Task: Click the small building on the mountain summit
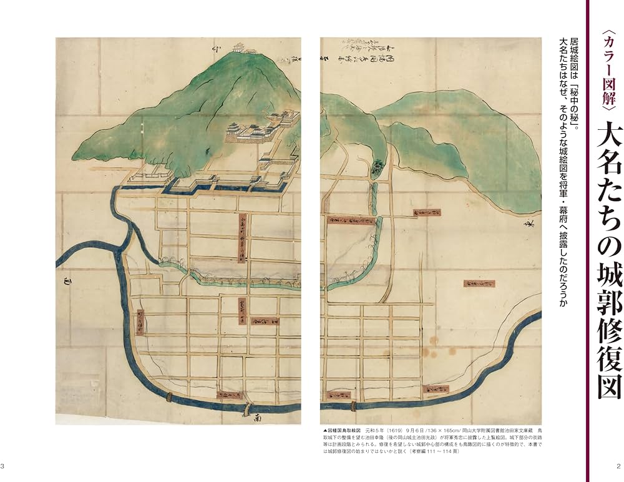[239, 47]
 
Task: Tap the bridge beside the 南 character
[247, 409]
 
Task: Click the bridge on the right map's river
[353, 406]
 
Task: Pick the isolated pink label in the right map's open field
[496, 284]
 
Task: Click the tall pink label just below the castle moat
[240, 241]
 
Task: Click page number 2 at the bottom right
[618, 466]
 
